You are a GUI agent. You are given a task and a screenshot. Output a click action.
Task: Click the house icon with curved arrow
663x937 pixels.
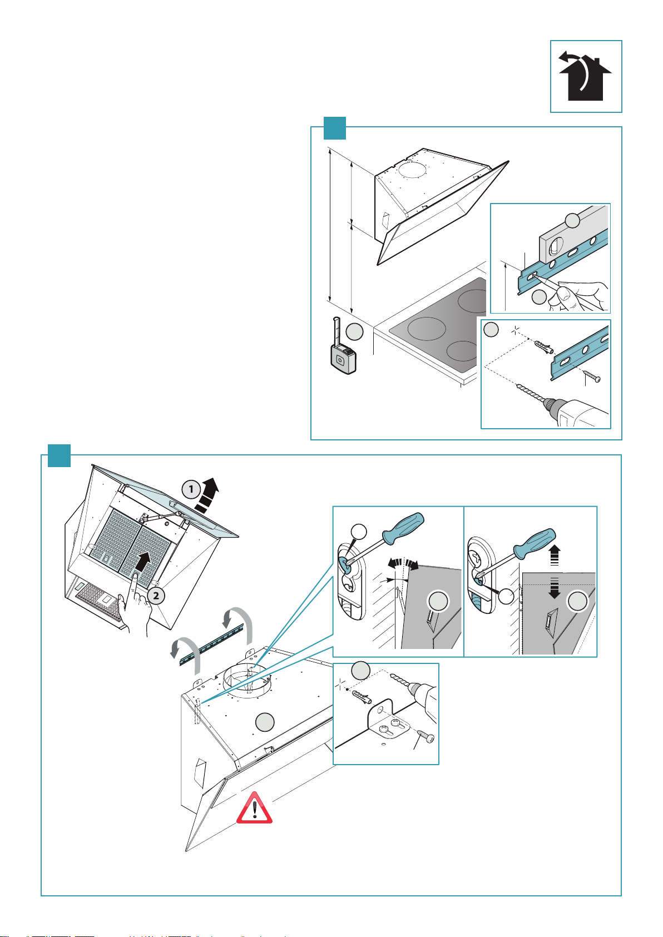click(585, 76)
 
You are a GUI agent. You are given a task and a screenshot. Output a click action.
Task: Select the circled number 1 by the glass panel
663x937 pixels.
click(191, 489)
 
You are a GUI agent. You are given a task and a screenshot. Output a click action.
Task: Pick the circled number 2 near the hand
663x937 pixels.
click(157, 596)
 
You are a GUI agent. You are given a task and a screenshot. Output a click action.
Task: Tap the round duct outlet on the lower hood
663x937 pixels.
click(245, 682)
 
